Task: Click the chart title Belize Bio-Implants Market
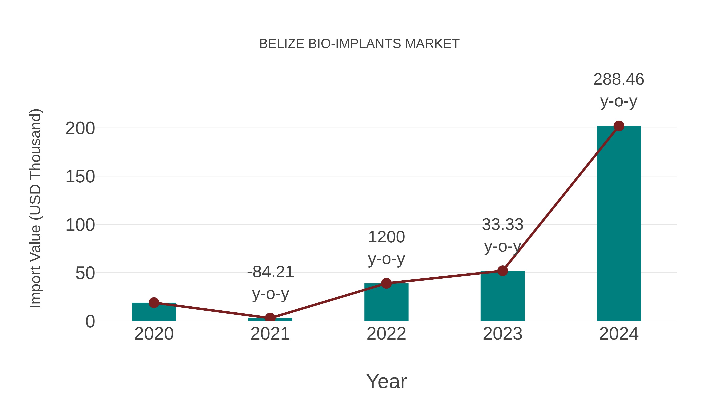tap(359, 44)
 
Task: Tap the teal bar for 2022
tap(386, 303)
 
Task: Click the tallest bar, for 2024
tap(619, 224)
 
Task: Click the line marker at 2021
tap(270, 318)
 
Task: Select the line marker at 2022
tap(386, 283)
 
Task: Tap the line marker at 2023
tap(503, 271)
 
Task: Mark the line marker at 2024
tap(619, 126)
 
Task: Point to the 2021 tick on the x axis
tap(270, 334)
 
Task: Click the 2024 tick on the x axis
tap(619, 334)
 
